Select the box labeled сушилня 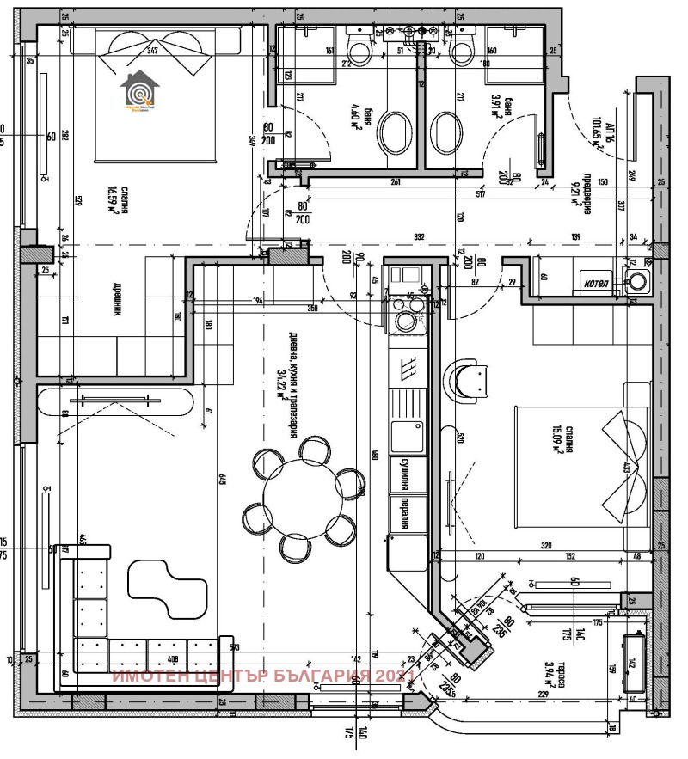coord(408,474)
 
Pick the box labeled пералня coord(408,512)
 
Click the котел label coord(596,283)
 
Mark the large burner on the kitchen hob coord(403,321)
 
